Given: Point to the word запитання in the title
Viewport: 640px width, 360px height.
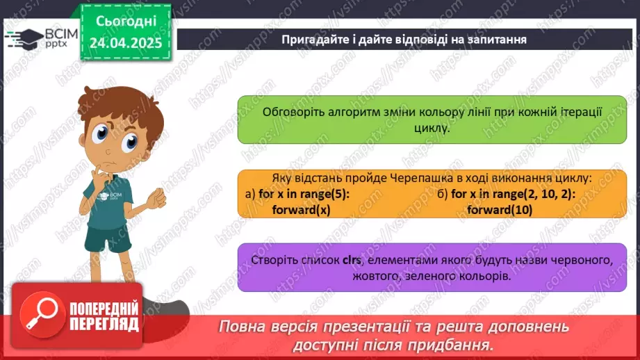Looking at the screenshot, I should (495, 39).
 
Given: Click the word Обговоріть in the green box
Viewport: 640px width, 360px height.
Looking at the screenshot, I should (293, 113).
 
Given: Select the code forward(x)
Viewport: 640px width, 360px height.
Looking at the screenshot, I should (300, 209).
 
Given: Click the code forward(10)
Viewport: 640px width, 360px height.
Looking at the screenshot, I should (500, 209).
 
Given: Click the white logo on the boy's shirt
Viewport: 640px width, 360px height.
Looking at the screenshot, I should (108, 196).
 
